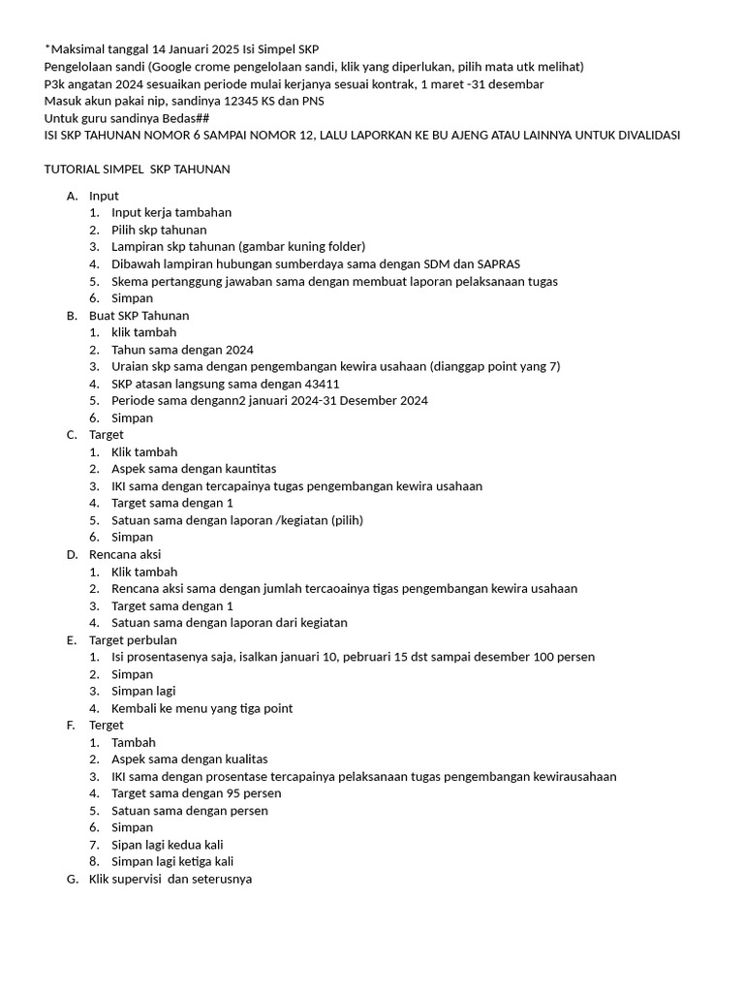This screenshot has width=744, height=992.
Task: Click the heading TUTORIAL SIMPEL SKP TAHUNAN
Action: [x=137, y=170]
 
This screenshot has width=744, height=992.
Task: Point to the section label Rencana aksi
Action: [x=125, y=555]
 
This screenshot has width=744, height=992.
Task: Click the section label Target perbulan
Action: [x=133, y=640]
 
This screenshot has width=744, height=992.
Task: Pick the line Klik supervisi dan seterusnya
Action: [x=170, y=880]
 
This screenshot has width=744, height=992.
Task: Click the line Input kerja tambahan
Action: [x=171, y=212]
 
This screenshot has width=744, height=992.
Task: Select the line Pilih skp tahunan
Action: [x=159, y=230]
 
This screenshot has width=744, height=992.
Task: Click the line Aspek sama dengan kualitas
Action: [x=190, y=759]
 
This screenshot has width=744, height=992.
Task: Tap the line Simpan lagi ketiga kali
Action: [x=172, y=861]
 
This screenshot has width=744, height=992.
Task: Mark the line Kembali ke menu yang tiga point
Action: [x=201, y=708]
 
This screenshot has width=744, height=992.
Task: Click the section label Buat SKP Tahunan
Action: [x=139, y=316]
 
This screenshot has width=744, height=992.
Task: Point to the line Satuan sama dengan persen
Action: [x=190, y=811]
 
